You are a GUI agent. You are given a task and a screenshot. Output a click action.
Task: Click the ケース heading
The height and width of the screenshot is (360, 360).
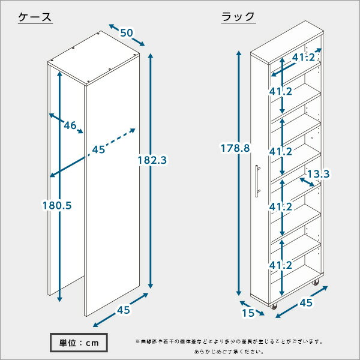tap(35, 17)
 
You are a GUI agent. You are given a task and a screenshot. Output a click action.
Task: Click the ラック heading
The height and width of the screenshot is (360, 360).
tap(238, 17)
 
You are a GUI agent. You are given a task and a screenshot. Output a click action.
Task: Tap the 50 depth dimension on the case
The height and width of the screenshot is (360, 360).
tap(127, 33)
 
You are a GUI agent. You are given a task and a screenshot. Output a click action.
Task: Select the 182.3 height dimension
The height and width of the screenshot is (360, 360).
tap(152, 160)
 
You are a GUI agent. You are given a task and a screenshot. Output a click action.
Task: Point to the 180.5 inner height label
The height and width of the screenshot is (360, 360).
tap(57, 205)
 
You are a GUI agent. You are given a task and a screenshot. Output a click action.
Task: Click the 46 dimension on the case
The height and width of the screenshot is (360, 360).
tap(70, 125)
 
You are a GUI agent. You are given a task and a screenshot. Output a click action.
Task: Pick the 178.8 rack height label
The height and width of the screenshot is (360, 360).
tap(235, 148)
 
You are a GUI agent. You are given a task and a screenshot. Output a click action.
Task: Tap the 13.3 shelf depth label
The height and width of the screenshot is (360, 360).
tap(318, 174)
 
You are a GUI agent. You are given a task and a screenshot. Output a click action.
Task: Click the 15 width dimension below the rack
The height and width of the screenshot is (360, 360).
tap(248, 313)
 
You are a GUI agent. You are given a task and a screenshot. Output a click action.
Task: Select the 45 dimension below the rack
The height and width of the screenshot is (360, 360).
tap(306, 303)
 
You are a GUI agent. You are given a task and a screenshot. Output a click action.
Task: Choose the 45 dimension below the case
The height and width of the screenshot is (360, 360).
tap(124, 310)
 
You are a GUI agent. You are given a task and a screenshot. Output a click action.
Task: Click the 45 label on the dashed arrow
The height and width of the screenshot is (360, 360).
tap(98, 149)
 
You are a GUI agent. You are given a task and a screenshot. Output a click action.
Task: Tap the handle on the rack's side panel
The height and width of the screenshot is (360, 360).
tap(258, 181)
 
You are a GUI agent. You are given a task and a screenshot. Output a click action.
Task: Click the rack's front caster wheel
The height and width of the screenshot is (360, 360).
tap(274, 306)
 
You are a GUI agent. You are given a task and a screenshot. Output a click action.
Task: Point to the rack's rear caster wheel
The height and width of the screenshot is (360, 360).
tap(315, 282)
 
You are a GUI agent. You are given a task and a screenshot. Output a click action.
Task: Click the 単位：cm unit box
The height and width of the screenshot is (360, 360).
tap(79, 343)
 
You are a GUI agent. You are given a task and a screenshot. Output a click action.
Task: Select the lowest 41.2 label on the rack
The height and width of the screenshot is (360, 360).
tap(281, 265)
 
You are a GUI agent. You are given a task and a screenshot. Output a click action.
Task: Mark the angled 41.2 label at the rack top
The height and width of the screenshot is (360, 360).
tap(303, 58)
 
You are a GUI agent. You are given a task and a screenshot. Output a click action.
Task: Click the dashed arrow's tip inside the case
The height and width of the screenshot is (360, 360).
tap(134, 129)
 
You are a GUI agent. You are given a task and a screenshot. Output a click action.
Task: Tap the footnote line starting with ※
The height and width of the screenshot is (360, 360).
tap(229, 342)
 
